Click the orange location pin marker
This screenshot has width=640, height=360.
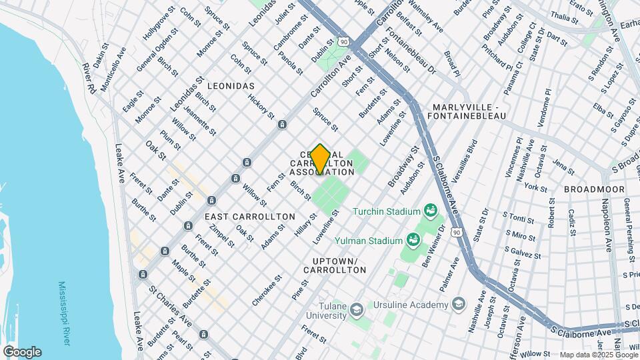click(320, 159)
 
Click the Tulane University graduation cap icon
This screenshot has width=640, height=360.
click(357, 309)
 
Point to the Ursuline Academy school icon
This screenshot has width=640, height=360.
click(458, 305)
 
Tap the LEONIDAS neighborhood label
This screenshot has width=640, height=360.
click(231, 87)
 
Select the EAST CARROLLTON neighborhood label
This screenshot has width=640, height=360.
click(249, 217)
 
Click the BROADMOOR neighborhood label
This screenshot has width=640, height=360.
click(594, 189)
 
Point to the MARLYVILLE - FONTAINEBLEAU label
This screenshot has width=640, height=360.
click(469, 111)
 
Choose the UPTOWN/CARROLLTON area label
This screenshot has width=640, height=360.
click(335, 265)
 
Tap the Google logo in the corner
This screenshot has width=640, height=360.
click(21, 352)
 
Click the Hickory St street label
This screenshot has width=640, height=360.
click(261, 107)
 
